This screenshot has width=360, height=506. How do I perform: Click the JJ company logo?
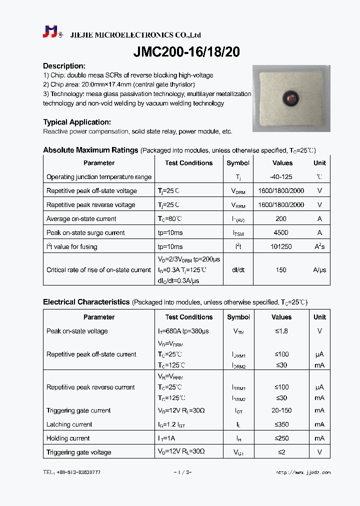[x=50, y=32]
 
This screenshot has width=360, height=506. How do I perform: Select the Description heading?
[x=64, y=66]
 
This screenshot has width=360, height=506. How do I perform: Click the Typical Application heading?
[x=77, y=122]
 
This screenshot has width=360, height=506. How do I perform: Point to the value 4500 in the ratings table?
[x=281, y=232]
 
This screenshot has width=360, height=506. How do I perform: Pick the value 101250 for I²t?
[x=281, y=246]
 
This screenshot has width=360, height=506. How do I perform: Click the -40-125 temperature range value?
[x=281, y=177]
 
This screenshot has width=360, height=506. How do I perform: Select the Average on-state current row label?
[x=81, y=218]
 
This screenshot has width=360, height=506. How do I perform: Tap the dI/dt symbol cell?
[x=238, y=270]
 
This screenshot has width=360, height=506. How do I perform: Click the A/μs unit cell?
[x=319, y=270]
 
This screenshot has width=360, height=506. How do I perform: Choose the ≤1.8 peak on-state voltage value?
[x=281, y=331]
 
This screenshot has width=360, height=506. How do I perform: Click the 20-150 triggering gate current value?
[x=281, y=410]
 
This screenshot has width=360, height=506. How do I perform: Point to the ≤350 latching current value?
[x=281, y=424]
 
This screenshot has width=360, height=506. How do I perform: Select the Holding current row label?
[x=68, y=438]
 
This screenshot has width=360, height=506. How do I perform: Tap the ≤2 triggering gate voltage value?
[x=281, y=452]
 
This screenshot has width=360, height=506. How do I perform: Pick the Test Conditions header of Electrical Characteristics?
[x=189, y=317]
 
